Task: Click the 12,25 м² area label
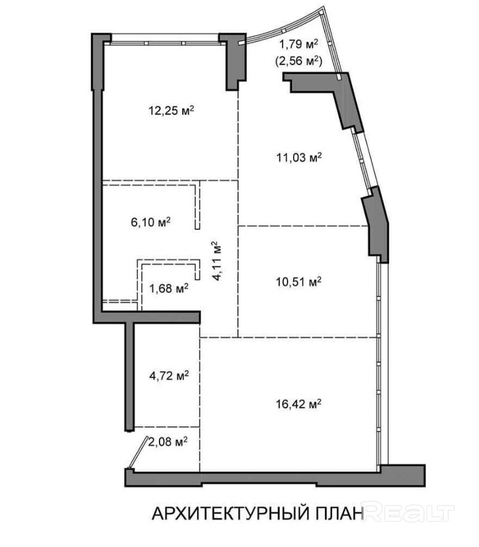pos(171,111)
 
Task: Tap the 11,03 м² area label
pos(299,158)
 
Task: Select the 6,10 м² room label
pos(151,222)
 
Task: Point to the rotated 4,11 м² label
pos(217,261)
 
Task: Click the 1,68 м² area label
pos(169,288)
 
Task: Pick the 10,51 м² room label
pos(299,281)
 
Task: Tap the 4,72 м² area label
pos(169,376)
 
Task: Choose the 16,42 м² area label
pos(299,404)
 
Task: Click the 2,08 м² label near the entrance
pos(168,442)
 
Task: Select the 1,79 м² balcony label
pos(299,44)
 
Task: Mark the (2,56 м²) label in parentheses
pos(299,61)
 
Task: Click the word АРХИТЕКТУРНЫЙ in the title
pos(231,514)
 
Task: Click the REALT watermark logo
pos(409,512)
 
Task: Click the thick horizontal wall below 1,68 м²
pos(151,317)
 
